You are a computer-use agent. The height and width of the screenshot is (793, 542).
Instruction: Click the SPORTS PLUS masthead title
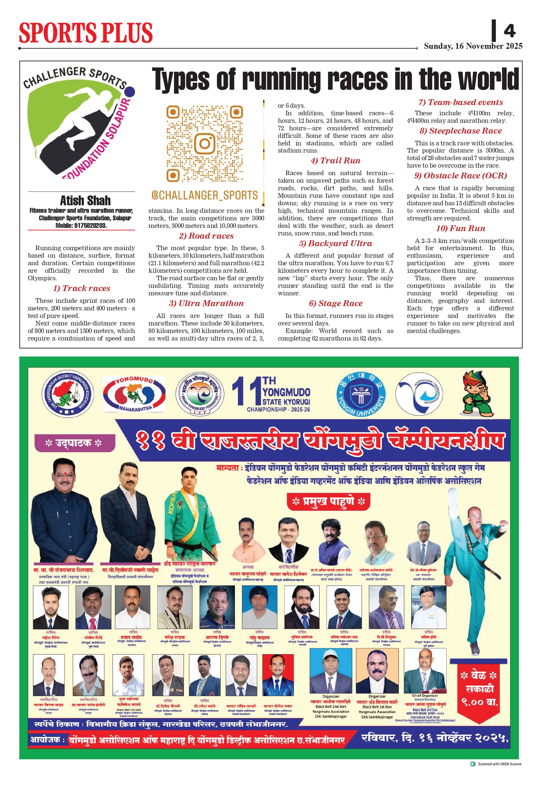pos(86,33)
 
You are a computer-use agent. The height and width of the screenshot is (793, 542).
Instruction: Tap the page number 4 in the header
pos(509,31)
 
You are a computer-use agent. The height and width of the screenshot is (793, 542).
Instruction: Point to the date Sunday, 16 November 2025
pos(473,46)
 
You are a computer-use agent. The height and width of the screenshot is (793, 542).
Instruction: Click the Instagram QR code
pos(204,143)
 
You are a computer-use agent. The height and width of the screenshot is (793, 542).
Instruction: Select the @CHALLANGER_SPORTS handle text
pos(204,195)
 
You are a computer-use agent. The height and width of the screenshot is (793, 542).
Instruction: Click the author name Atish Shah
pos(85,200)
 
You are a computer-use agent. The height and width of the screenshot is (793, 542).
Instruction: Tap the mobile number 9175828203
pos(89,226)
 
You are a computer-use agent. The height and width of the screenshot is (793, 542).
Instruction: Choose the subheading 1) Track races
pos(81,288)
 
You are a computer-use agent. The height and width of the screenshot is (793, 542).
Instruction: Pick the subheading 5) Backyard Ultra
pos(335,243)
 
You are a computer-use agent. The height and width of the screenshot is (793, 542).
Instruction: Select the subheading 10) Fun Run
pos(460,228)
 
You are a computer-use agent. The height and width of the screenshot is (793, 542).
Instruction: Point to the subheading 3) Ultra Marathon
pos(206,303)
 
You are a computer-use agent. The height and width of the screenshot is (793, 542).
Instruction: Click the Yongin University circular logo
pos(361,394)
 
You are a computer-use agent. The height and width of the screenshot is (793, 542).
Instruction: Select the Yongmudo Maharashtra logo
pos(134,394)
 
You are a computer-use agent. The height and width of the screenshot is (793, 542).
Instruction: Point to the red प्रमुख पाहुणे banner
pos(328,501)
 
